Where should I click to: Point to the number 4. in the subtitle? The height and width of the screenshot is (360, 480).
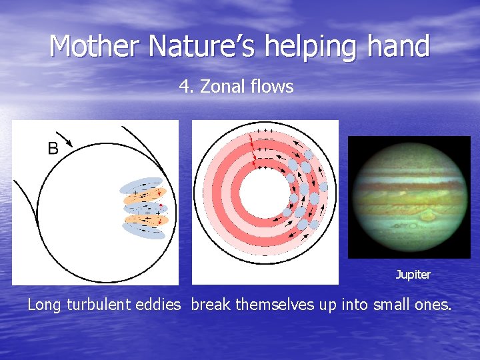[x=186, y=87]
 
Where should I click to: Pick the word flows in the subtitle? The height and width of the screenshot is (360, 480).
[x=271, y=87]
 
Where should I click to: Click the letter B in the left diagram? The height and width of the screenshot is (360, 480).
[x=53, y=149]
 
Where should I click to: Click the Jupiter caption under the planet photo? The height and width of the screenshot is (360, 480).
[x=413, y=275]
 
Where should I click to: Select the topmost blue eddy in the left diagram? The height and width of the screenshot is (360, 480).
[x=142, y=185]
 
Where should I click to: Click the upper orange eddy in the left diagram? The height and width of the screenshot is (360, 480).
[x=143, y=195]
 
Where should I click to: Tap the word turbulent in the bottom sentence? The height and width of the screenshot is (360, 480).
[x=106, y=305]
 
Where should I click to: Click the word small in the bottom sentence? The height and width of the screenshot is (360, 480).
[x=382, y=305]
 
